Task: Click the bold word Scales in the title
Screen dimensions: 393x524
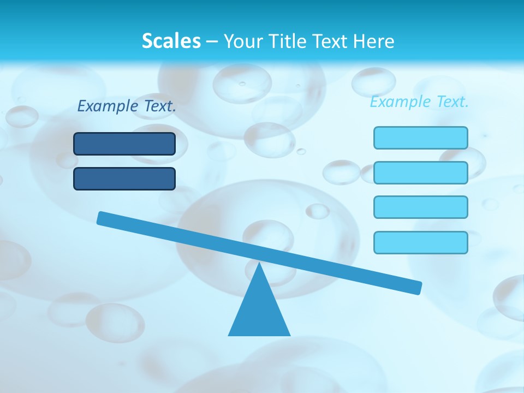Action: pyautogui.click(x=171, y=41)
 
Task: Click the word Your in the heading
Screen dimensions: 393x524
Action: pyautogui.click(x=242, y=41)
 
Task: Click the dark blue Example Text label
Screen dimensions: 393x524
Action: pyautogui.click(x=127, y=106)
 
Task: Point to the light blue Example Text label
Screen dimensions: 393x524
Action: pyautogui.click(x=419, y=102)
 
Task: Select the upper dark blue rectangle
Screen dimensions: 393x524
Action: pyautogui.click(x=124, y=144)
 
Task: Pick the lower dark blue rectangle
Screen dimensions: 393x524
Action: pyautogui.click(x=124, y=178)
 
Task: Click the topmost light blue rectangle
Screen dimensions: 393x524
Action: pyautogui.click(x=421, y=138)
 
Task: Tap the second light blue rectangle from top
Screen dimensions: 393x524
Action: pyautogui.click(x=421, y=172)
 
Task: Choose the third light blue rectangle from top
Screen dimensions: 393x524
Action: pyautogui.click(x=421, y=207)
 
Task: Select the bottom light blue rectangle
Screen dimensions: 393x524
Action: pyautogui.click(x=421, y=242)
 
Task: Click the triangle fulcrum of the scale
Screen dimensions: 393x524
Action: pyautogui.click(x=259, y=311)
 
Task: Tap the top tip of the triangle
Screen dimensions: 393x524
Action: pyautogui.click(x=259, y=264)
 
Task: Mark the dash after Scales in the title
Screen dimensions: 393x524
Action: pyautogui.click(x=212, y=41)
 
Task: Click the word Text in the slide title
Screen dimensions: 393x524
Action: pyautogui.click(x=329, y=41)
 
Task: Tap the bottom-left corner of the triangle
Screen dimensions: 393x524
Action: pyautogui.click(x=229, y=335)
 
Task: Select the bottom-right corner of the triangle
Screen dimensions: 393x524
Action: pyautogui.click(x=289, y=335)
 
